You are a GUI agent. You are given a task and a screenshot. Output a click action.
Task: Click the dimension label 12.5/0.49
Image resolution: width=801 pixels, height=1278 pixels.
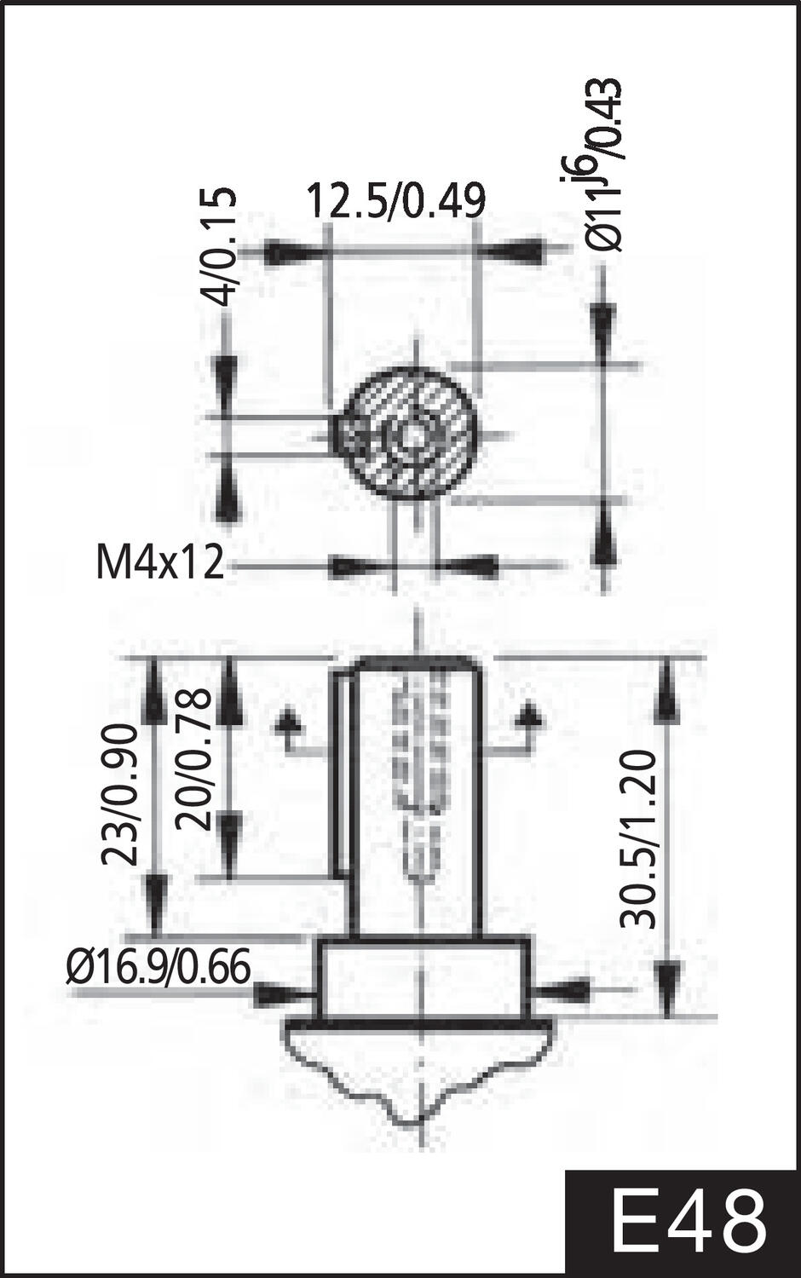click(395, 202)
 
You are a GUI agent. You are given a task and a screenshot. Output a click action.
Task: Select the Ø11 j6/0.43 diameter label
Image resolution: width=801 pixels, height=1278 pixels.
click(603, 166)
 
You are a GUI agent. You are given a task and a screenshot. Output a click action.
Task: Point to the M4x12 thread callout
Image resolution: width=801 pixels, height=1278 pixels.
click(160, 564)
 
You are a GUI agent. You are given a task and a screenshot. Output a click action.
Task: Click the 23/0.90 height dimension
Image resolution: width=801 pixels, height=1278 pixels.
click(120, 794)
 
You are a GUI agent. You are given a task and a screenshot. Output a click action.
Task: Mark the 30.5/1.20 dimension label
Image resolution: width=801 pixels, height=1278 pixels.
click(638, 838)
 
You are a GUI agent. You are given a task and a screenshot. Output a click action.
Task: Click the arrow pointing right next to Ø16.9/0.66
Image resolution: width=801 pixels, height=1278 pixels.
click(281, 993)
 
